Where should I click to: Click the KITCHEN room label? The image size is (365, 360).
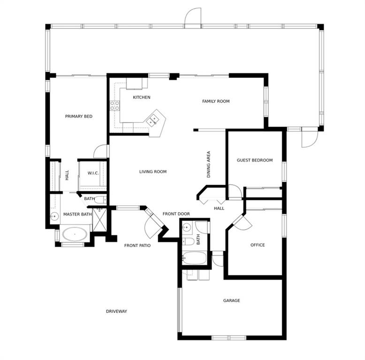142,97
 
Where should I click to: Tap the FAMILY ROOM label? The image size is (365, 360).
216,101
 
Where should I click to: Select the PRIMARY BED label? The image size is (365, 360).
79,116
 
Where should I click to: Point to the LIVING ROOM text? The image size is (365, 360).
153,172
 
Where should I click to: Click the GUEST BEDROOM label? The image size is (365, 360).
255,160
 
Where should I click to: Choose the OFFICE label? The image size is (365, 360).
258,245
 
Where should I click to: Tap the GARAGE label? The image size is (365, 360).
232,300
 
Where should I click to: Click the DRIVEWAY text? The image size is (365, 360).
116,311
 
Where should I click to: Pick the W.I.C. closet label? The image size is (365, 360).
93,173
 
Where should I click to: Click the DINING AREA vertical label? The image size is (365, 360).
209,165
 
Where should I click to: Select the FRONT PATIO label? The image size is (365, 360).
137,245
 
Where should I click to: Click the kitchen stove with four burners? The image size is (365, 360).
115,105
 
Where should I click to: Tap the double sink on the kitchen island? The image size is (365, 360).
152,120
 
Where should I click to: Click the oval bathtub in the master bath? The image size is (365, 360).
75,234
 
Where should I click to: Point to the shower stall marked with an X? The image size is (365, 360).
99,220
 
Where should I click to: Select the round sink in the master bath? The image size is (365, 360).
54,216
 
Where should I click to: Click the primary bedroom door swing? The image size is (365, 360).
100,151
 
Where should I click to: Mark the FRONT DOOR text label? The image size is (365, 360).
176,214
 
